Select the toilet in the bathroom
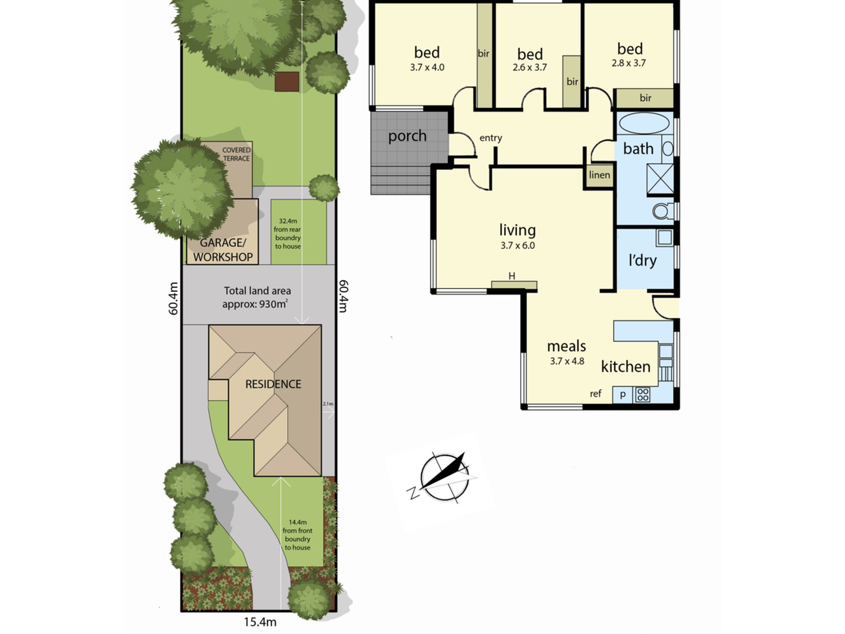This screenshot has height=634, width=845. point(663,211)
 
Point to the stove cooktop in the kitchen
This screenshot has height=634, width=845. point(643,395)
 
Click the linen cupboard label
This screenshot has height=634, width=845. point(600,175)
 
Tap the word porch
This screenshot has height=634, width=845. point(407,137)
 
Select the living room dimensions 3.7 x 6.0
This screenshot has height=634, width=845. point(518,246)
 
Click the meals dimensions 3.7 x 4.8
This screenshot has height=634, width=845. point(567,361)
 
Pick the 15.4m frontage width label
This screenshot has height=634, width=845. point(260,622)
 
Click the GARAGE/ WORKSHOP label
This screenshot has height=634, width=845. point(223,250)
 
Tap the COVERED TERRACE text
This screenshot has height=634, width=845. point(236,154)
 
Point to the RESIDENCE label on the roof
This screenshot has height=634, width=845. point(273,384)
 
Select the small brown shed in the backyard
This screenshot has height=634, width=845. point(287,82)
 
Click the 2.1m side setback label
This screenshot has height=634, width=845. point(328,404)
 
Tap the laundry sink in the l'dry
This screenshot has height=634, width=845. point(665,238)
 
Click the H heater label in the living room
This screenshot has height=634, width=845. point(512,276)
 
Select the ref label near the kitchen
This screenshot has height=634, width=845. point(595,394)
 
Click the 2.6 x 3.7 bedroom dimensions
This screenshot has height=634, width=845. point(530,67)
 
